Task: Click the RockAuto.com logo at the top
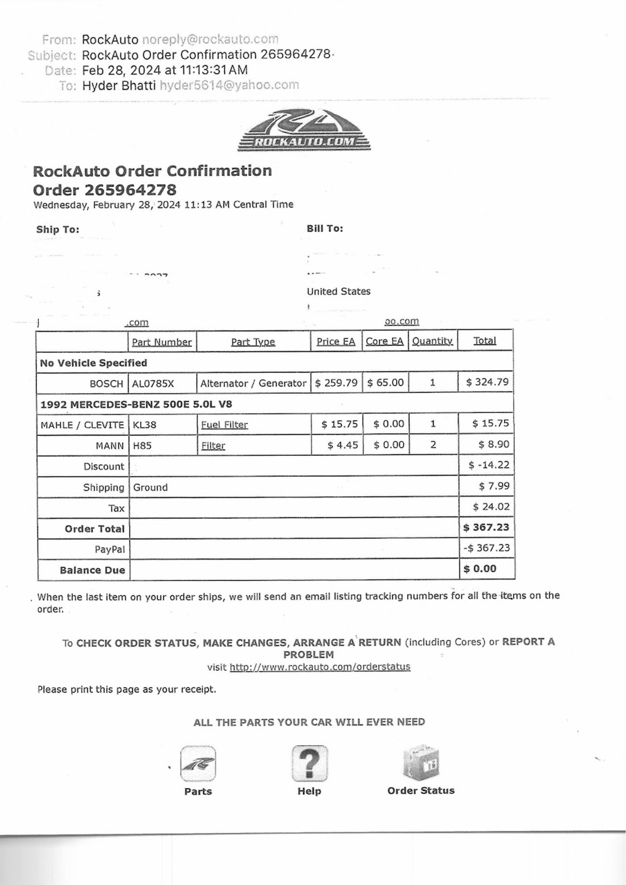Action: pos(304,130)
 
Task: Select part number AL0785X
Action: pos(153,384)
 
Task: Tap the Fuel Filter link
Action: pos(224,425)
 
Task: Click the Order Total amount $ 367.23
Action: pos(486,527)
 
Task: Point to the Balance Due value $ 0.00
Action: pos(480,569)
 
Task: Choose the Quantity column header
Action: pos(432,341)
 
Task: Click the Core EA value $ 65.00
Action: pos(385,383)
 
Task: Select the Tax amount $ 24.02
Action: pos(491,507)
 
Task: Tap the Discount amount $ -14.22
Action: pos(489,465)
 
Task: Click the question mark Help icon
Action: pos(309,764)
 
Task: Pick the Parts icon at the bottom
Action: pos(198,764)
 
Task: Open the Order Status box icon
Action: pos(421,763)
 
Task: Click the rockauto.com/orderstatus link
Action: pos(320,667)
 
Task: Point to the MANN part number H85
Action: pos(142,446)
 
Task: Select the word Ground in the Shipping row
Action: pos(150,487)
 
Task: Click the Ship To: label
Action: pos(58,229)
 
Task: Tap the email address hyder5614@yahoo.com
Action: pos(229,85)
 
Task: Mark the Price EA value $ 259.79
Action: pos(336,383)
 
